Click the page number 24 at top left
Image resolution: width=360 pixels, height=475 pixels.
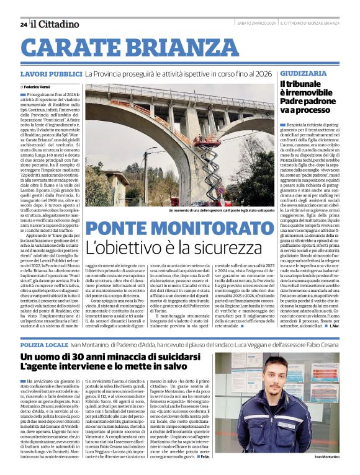click(23, 24)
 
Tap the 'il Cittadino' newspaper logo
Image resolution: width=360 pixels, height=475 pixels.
click(56, 24)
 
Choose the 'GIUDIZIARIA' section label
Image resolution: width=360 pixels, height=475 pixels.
click(303, 73)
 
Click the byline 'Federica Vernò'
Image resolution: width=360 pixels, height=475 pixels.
click(38, 87)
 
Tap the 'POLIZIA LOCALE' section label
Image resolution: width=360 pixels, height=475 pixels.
click(43, 344)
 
